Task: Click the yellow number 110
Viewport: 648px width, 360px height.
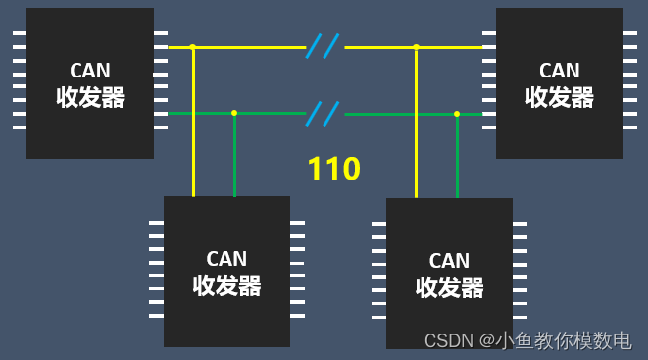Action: pyautogui.click(x=333, y=169)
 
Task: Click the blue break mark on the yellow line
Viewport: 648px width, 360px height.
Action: pyautogui.click(x=323, y=46)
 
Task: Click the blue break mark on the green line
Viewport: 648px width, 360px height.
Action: pyautogui.click(x=323, y=113)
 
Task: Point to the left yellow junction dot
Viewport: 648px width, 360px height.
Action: pyautogui.click(x=193, y=46)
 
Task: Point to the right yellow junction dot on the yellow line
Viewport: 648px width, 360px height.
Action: pyautogui.click(x=416, y=46)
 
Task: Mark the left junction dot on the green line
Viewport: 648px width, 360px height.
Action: pyautogui.click(x=234, y=113)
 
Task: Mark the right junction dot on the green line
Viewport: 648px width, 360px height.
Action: pyautogui.click(x=457, y=114)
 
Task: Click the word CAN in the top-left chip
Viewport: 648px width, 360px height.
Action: pyautogui.click(x=89, y=71)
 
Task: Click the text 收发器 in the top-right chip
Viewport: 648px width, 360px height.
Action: pyautogui.click(x=560, y=97)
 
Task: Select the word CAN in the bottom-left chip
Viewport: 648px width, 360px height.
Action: pyautogui.click(x=226, y=259)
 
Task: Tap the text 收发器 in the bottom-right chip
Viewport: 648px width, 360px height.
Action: pyautogui.click(x=449, y=287)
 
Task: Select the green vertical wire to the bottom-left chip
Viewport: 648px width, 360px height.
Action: pyautogui.click(x=234, y=157)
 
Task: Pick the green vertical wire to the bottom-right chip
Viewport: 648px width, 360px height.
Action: pyautogui.click(x=457, y=157)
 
